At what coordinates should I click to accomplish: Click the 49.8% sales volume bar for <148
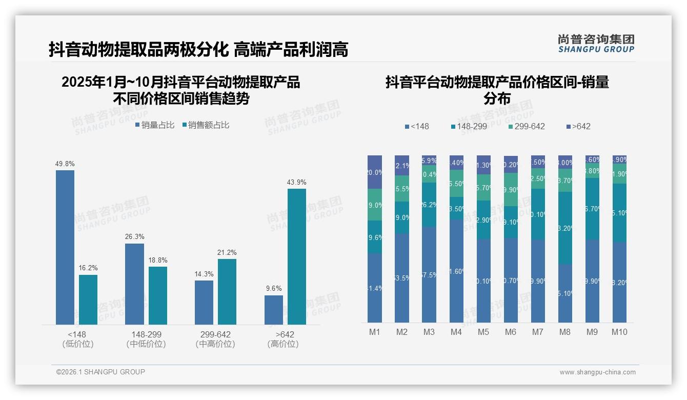click(65, 247)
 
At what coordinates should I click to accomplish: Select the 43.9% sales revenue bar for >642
click(297, 256)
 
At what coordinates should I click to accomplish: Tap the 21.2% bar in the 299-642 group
click(227, 291)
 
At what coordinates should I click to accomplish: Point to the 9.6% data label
click(274, 288)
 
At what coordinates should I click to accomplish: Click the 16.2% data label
click(88, 268)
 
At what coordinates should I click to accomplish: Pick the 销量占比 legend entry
click(155, 125)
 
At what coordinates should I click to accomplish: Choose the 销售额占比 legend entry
click(206, 125)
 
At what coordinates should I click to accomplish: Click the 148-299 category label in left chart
click(146, 334)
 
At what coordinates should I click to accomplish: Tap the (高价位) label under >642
click(283, 344)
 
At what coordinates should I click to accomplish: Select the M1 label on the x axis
click(375, 332)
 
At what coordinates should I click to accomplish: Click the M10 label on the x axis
click(619, 332)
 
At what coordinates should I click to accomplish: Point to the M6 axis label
click(511, 332)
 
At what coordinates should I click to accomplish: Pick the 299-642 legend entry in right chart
click(527, 126)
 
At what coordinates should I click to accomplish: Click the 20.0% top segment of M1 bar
click(375, 172)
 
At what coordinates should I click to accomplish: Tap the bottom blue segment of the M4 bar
click(456, 271)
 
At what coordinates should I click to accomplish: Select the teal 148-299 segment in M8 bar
click(565, 228)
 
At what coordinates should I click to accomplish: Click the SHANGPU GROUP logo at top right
click(596, 44)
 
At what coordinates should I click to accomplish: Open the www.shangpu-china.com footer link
click(597, 372)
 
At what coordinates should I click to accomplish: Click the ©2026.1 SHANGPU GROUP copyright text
click(100, 372)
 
